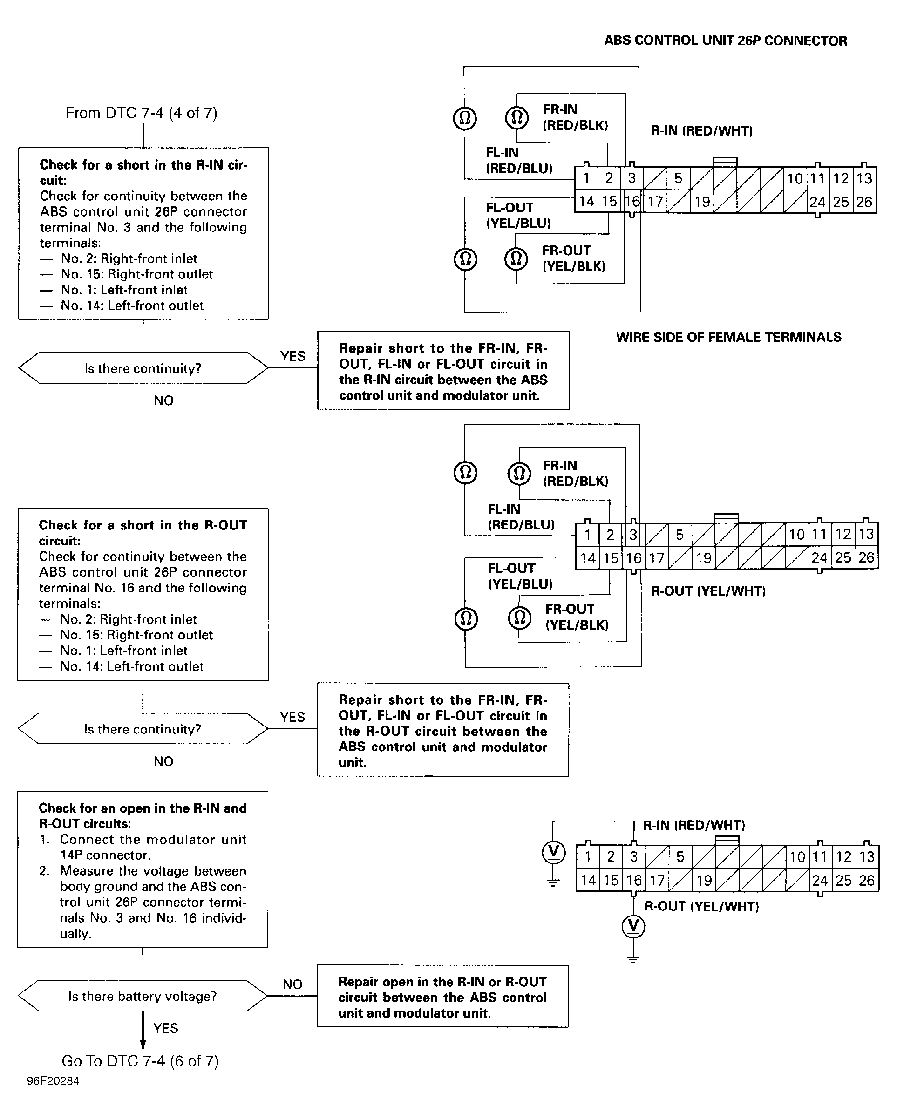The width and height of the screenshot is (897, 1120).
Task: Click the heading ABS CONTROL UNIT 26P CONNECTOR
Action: click(726, 41)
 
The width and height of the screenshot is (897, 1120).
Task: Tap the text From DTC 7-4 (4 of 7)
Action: click(141, 113)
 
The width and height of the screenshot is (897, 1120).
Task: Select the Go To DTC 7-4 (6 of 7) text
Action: click(140, 1061)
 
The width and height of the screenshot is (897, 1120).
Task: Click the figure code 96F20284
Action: click(53, 1081)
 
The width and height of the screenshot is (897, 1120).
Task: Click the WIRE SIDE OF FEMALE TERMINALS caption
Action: click(729, 337)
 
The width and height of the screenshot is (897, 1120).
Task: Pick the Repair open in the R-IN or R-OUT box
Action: click(442, 997)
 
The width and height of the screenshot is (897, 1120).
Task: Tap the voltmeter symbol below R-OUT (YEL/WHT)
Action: click(633, 926)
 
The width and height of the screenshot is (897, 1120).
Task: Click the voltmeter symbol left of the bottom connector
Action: click(554, 851)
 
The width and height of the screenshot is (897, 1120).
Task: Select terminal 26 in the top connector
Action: click(865, 202)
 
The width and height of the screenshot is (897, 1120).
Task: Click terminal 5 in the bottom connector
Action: click(680, 856)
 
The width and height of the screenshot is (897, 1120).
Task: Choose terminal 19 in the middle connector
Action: click(704, 558)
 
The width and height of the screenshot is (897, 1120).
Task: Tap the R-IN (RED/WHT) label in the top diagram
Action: click(702, 131)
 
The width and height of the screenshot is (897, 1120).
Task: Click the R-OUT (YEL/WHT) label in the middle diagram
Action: click(708, 591)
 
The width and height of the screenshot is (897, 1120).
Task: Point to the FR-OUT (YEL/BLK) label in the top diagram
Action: click(574, 258)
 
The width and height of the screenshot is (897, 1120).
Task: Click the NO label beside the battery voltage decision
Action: click(292, 984)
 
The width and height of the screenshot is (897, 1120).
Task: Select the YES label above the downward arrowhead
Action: click(166, 1028)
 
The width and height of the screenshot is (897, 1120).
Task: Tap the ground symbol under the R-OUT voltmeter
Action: click(633, 959)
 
